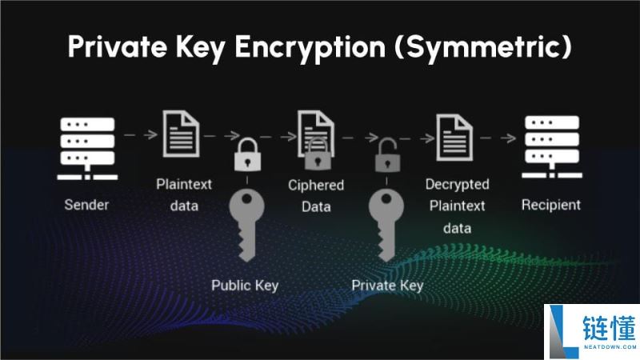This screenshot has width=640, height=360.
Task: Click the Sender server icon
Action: pos(87,149)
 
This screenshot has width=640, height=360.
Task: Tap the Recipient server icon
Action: pos(552,147)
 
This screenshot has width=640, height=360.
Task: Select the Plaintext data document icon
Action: pos(182,134)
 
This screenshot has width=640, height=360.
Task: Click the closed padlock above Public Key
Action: pos(247,154)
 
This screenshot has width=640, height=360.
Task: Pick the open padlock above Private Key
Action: pos(387,155)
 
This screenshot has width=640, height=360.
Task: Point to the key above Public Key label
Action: pos(246,225)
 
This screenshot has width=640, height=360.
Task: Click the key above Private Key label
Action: pos(386,225)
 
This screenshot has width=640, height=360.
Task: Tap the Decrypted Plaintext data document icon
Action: pos(454,137)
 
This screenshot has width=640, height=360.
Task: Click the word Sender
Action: pos(86,205)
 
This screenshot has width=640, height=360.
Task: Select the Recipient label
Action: pos(551,205)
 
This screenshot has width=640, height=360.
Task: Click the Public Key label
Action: pos(245,286)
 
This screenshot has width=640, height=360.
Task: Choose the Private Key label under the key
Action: pos(387,286)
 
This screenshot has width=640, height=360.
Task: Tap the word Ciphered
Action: pos(316,186)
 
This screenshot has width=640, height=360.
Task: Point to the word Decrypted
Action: pos(457,185)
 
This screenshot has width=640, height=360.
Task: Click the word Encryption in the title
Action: pos(310,47)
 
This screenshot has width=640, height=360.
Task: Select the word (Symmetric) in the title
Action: pos(483,47)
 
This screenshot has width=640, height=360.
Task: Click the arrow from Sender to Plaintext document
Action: pos(141,134)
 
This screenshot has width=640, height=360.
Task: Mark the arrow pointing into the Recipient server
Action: pos(498,138)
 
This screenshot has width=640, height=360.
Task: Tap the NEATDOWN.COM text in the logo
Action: pos(610,347)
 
